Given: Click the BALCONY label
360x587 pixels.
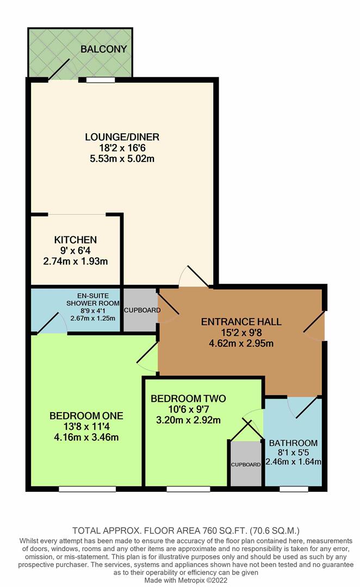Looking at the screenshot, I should click(103, 49).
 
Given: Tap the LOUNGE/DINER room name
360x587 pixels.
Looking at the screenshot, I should click(122, 137).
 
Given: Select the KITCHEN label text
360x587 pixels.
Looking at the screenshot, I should click(75, 240).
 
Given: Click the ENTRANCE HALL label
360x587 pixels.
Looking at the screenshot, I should click(241, 322).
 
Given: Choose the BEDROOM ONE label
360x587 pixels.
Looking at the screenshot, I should click(86, 416).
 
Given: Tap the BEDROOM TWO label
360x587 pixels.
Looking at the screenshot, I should click(188, 398).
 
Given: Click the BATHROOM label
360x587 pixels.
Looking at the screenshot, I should click(293, 442).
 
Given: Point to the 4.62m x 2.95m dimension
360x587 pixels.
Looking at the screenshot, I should click(237, 343).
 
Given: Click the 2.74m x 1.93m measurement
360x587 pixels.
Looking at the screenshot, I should click(75, 261).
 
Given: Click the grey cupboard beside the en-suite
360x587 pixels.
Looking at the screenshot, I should click(141, 310).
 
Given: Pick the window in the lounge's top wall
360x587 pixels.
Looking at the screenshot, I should click(100, 80).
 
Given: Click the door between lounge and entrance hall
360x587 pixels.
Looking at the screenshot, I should click(194, 277).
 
